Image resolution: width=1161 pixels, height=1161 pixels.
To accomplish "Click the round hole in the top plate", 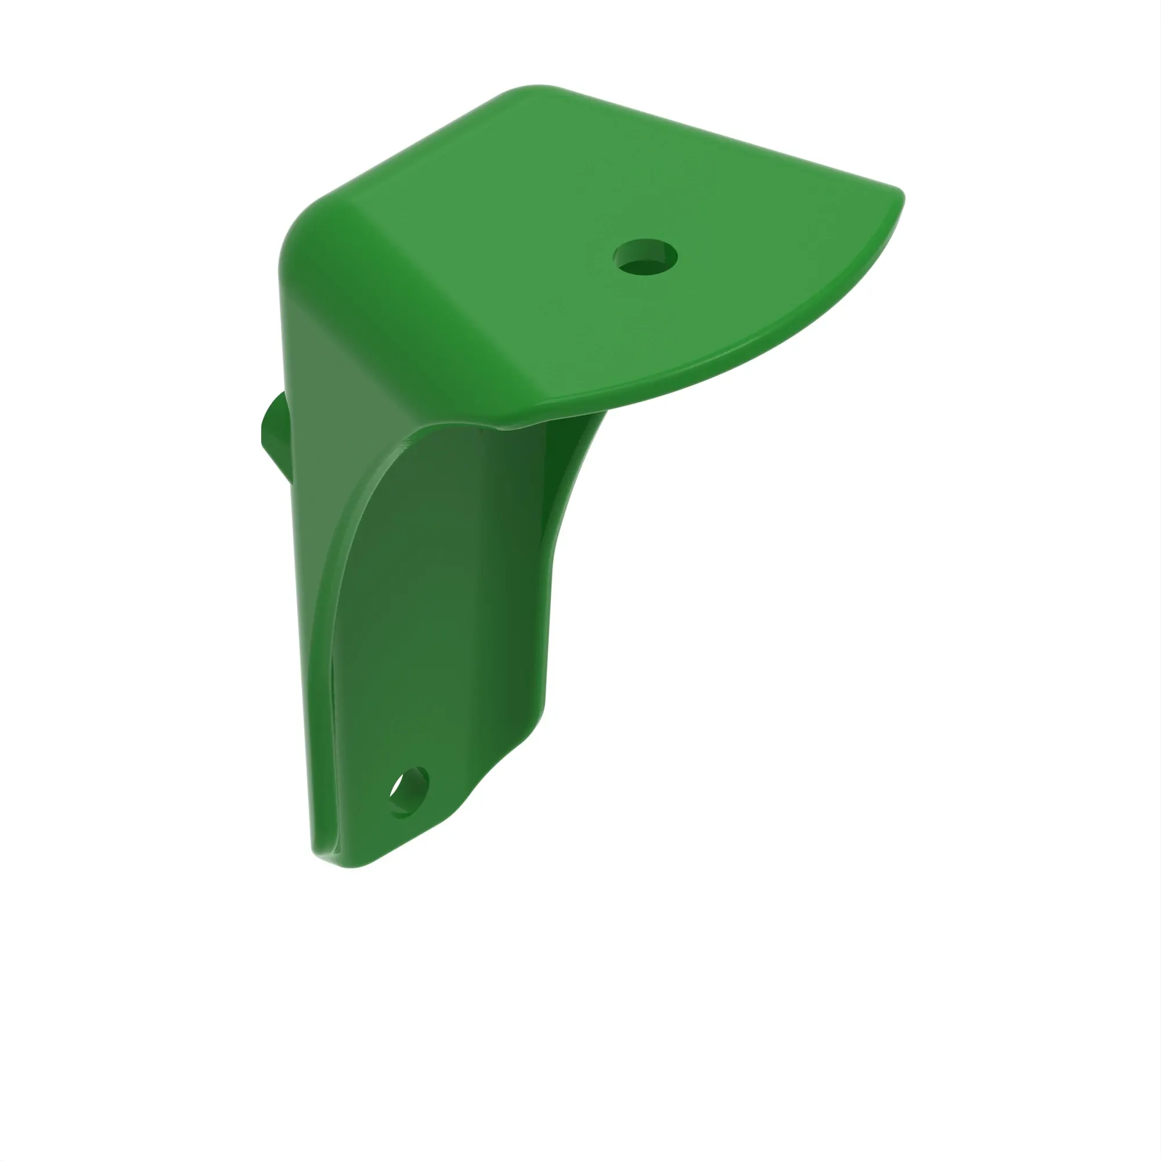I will point(645,257).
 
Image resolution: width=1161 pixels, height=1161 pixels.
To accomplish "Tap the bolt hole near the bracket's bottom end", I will point(410,792).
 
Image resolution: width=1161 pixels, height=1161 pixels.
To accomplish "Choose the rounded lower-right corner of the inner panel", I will point(535,715).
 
